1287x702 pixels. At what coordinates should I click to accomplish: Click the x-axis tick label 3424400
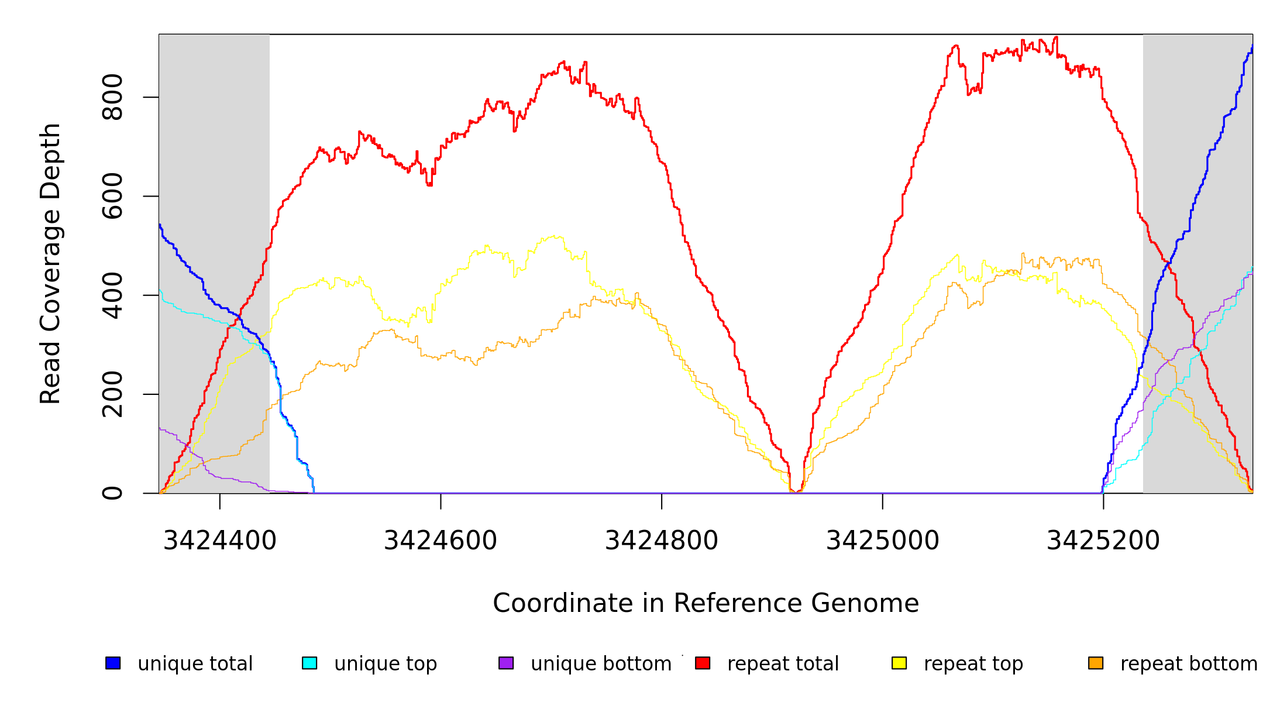219,541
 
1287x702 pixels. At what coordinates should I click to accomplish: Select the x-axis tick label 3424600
441,541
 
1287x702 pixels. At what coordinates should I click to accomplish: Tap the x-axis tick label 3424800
661,541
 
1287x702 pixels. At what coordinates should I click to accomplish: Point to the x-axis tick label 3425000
882,541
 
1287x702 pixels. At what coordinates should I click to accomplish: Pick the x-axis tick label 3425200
1103,541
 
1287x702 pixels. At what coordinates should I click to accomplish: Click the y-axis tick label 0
112,493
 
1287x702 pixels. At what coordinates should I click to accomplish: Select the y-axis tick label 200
112,394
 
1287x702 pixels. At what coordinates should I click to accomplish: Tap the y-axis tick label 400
112,295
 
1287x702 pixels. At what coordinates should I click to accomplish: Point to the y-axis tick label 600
112,196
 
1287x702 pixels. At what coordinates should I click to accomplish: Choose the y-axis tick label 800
112,97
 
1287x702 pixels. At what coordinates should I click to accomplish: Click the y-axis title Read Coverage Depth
50,263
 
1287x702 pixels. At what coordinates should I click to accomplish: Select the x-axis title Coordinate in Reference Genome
706,604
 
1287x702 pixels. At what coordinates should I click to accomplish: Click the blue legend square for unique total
113,663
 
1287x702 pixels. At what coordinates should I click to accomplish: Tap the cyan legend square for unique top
309,663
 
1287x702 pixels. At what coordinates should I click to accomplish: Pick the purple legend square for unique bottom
506,663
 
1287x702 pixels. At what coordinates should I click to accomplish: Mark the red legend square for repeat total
703,663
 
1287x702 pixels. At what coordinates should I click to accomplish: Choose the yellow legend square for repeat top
899,663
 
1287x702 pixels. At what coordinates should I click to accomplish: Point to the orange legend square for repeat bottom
1096,663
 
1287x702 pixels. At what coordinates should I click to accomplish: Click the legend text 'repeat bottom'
1189,664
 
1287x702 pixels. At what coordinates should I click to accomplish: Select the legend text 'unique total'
195,664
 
